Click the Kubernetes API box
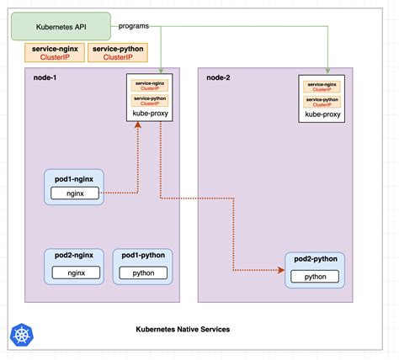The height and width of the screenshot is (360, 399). (60, 26)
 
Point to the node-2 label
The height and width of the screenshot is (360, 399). (219, 77)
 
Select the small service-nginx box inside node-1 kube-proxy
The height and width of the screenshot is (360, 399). (148, 86)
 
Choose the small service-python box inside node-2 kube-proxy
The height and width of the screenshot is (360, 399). (323, 99)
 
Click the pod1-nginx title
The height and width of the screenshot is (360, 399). (74, 177)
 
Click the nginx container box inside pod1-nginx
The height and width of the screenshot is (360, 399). (74, 193)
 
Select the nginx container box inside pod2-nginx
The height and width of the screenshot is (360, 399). (76, 272)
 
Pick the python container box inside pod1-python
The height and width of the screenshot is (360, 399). (143, 272)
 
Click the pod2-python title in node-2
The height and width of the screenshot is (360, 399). (315, 260)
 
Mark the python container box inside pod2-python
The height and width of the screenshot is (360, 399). (315, 276)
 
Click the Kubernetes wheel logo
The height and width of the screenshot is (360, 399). (20, 334)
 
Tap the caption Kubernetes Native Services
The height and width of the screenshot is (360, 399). (182, 330)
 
